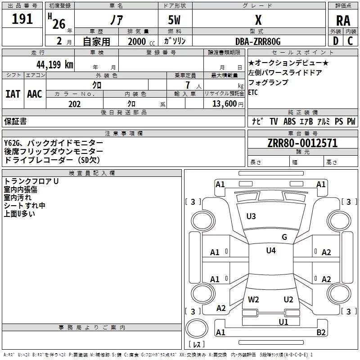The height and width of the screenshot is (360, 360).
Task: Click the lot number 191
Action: tap(22, 19)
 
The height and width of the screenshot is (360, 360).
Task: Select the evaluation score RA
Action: tap(342, 20)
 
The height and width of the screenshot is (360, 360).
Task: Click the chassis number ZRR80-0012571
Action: tap(302, 144)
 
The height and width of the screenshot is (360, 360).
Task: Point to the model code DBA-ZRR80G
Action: tap(258, 41)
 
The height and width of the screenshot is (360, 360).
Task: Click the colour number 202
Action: tap(74, 104)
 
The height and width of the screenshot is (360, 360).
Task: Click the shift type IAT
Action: tap(13, 94)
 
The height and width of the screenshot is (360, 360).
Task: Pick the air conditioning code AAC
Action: tap(34, 94)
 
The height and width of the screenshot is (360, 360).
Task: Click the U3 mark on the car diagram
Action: tap(251, 216)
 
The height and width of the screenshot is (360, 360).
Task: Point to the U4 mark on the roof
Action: tap(270, 251)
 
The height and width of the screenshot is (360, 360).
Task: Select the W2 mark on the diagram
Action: tap(253, 299)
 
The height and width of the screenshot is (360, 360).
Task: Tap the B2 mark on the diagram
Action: tap(321, 332)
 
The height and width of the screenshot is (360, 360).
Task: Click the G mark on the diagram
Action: tap(284, 237)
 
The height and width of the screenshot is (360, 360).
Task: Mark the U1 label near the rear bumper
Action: tap(283, 322)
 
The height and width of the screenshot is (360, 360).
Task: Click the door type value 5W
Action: tap(175, 20)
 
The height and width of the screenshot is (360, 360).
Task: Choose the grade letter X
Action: tap(258, 20)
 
